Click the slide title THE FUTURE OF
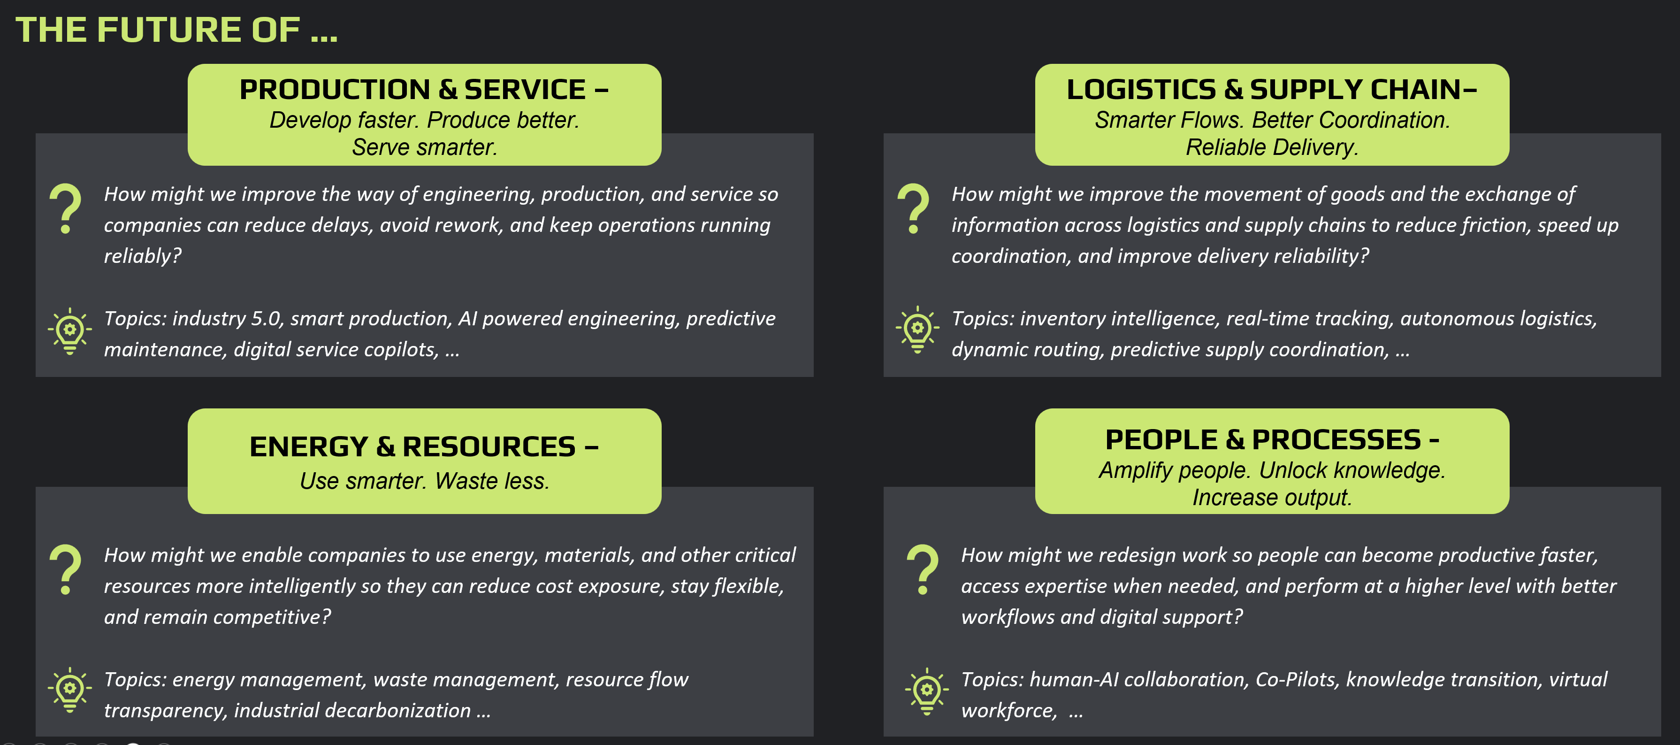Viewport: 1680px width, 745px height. tap(176, 30)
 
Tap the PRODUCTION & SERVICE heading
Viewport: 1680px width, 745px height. tap(424, 89)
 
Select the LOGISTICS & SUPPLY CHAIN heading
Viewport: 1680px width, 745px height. tap(1271, 89)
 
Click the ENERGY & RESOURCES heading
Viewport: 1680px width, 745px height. tap(424, 447)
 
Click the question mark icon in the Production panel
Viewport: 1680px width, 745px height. tap(66, 209)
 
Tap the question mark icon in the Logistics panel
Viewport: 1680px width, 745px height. tap(913, 209)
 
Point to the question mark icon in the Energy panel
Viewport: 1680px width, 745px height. tap(66, 569)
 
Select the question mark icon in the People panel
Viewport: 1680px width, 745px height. tap(923, 569)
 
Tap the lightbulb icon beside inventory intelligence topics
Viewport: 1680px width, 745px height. tap(917, 330)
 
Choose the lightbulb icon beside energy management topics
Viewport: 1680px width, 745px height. tap(70, 690)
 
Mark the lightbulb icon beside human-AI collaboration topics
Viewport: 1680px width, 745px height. tap(927, 691)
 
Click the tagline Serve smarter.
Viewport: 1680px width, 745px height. tap(425, 147)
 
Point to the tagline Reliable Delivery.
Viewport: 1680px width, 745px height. tap(1272, 147)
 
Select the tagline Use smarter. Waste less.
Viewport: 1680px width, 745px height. tap(425, 481)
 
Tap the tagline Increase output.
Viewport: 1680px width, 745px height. tap(1272, 497)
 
